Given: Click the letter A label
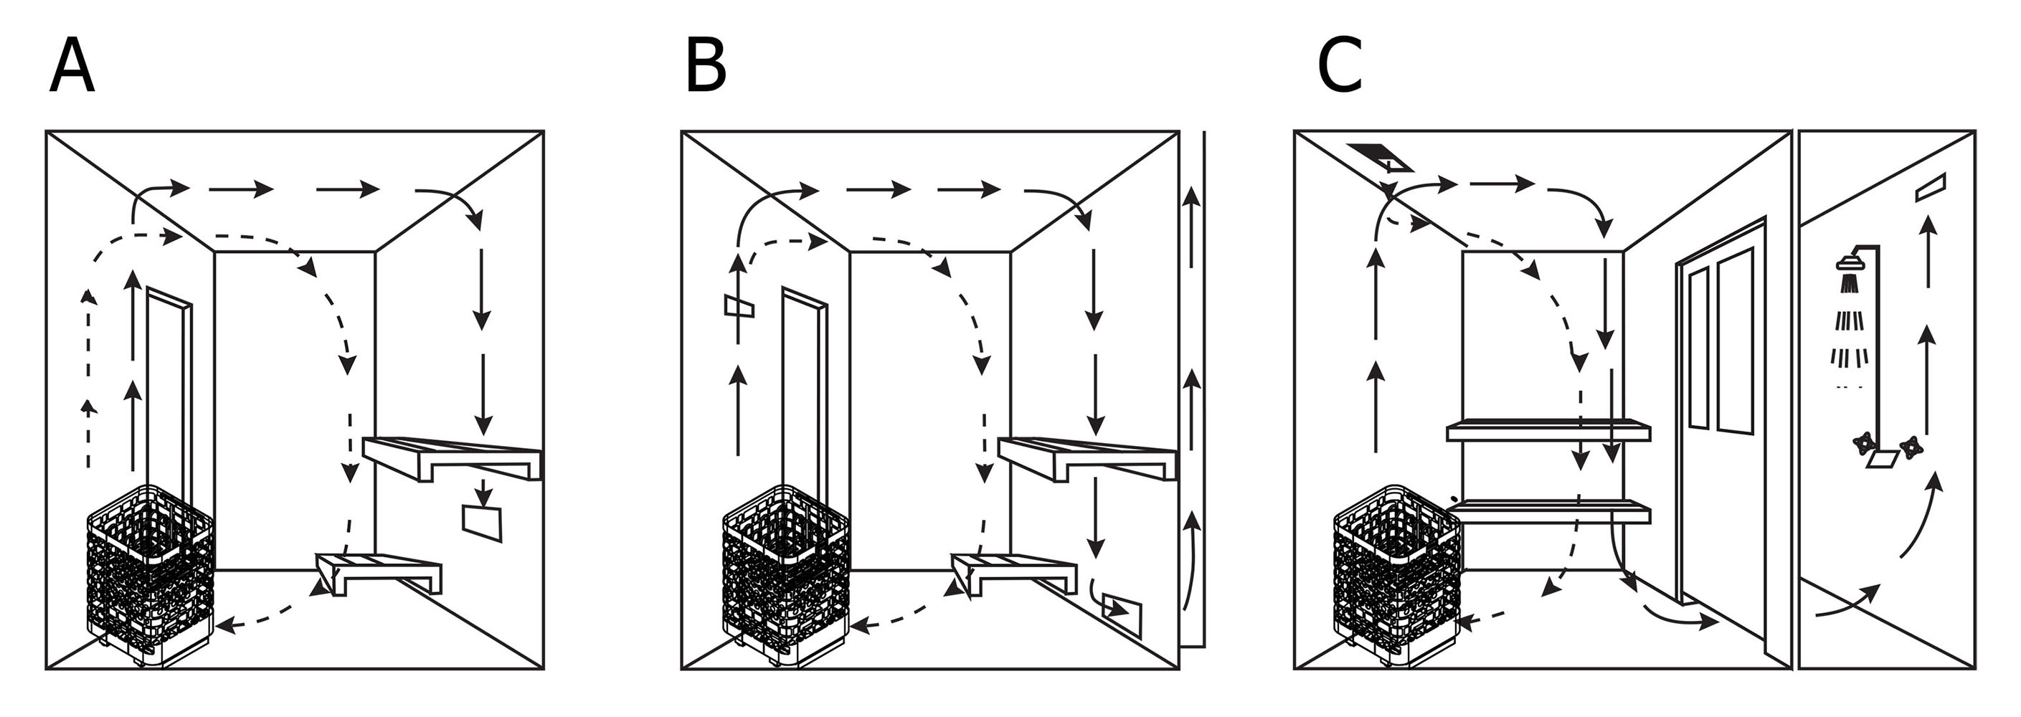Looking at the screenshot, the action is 72,67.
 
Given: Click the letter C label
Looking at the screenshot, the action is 1339,67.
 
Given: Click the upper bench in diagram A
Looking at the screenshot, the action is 453,459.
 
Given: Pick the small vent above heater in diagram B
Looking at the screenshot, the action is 739,306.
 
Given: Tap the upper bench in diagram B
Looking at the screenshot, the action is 1088,459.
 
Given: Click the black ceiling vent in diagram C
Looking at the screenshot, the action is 1380,157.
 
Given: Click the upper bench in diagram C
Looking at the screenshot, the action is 1548,430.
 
